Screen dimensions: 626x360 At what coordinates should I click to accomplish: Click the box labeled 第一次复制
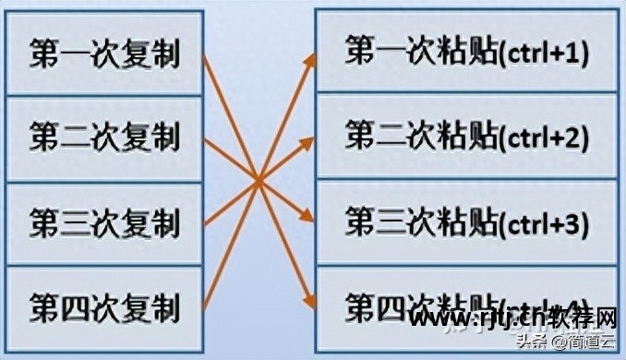pos(103,53)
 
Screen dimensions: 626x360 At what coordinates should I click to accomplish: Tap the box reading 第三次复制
pos(103,222)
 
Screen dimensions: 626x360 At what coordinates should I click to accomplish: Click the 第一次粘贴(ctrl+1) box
pos(466,52)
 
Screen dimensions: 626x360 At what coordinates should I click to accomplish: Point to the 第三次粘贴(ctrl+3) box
pos(466,222)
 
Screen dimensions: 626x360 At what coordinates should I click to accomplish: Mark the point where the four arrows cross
pos(259,180)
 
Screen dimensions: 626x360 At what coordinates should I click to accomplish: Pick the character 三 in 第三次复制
pos(73,222)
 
